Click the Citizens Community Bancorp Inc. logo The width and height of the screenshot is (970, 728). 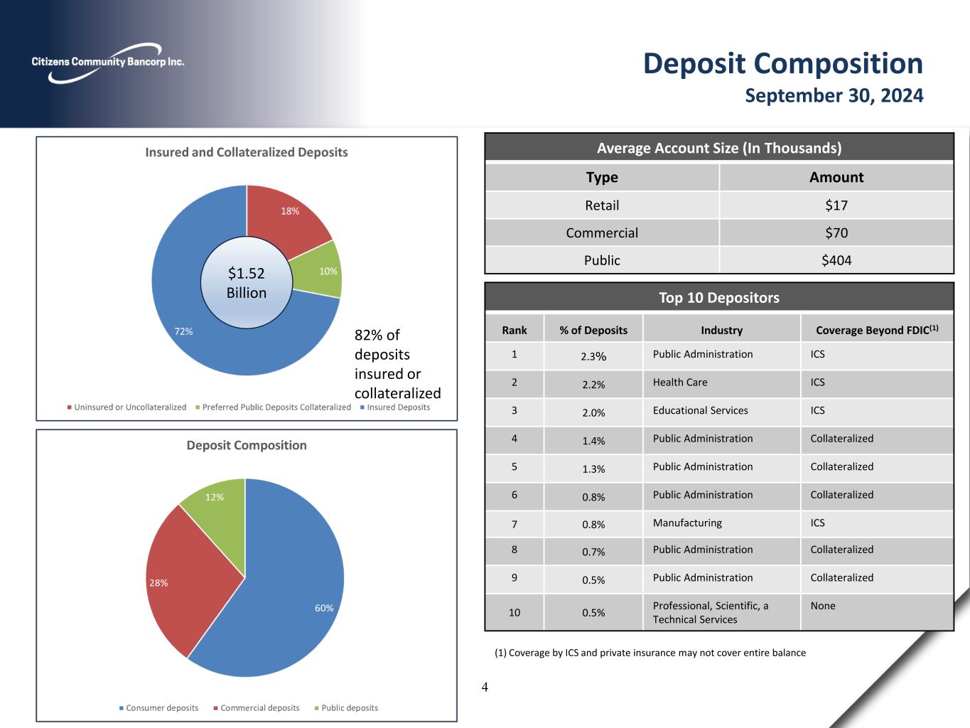click(x=107, y=63)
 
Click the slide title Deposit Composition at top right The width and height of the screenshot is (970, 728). click(x=782, y=63)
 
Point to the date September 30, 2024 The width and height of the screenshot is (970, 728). click(x=834, y=95)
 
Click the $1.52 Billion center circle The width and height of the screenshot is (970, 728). click(x=246, y=283)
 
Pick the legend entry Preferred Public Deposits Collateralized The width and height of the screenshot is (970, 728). click(x=276, y=407)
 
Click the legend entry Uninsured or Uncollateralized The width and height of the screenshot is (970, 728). click(x=129, y=407)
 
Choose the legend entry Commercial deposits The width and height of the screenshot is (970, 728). click(x=259, y=708)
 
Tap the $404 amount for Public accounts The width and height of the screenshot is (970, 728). click(x=836, y=260)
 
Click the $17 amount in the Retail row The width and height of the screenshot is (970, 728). click(x=836, y=205)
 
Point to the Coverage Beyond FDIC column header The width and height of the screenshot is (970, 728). click(x=876, y=330)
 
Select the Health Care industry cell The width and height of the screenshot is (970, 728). click(x=680, y=382)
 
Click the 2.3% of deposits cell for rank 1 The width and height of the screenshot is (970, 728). click(x=593, y=357)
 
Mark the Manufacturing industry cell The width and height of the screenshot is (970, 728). click(x=687, y=523)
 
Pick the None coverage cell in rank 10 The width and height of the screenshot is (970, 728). click(x=823, y=606)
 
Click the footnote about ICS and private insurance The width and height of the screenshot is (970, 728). click(x=650, y=653)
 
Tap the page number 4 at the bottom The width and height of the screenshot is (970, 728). click(x=485, y=687)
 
